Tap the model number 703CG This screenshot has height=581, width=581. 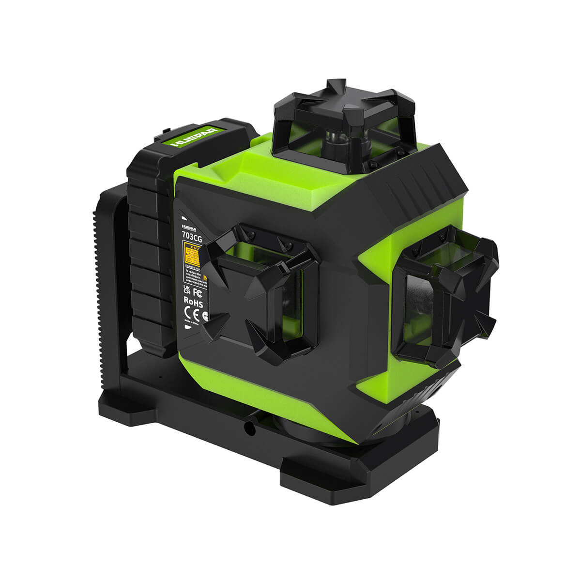(192, 235)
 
